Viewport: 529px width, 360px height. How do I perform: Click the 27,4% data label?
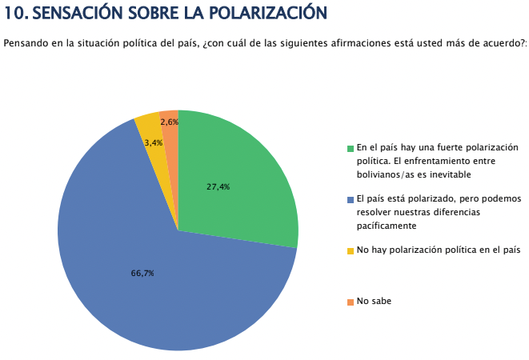coord(218,186)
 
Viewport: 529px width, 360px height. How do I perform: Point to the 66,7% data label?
coord(142,273)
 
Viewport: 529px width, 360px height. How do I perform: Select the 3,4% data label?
coord(154,142)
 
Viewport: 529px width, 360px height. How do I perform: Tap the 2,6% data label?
coord(169,122)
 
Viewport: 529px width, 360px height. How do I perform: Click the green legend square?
coord(351,148)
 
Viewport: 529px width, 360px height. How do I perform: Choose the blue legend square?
coord(351,199)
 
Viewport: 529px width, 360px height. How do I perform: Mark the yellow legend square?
coord(351,250)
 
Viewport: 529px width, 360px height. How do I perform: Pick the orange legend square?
coord(351,302)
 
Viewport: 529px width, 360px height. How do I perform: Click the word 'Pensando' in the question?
coord(25,42)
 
